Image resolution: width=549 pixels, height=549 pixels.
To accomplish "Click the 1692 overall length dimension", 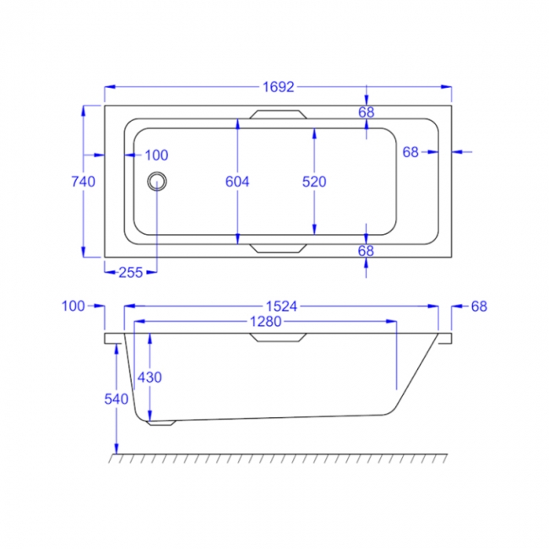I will [x=278, y=87].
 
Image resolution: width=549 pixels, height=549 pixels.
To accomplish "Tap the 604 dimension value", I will [x=237, y=181].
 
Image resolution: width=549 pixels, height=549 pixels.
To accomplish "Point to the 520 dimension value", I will [x=313, y=181].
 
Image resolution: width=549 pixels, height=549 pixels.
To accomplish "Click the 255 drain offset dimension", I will [x=130, y=272].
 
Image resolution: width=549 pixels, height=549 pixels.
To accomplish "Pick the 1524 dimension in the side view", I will [x=281, y=307].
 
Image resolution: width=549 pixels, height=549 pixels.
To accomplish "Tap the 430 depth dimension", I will [x=149, y=377].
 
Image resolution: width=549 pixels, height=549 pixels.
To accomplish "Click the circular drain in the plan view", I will [x=157, y=181].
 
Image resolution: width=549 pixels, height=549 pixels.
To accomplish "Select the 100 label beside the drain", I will [x=156, y=155].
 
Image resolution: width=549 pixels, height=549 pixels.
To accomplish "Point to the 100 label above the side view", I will [x=73, y=306].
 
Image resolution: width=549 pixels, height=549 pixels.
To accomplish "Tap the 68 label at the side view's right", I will [x=479, y=306].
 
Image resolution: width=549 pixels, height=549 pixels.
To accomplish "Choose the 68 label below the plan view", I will [x=366, y=251].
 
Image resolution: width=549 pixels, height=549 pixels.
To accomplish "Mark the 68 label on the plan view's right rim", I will [x=410, y=152].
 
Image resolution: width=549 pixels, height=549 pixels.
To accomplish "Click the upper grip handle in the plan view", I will [x=276, y=115].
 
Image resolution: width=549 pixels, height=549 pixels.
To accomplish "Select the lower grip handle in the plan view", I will [x=276, y=247].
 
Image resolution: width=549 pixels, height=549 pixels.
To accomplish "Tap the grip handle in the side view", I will [x=276, y=338].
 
